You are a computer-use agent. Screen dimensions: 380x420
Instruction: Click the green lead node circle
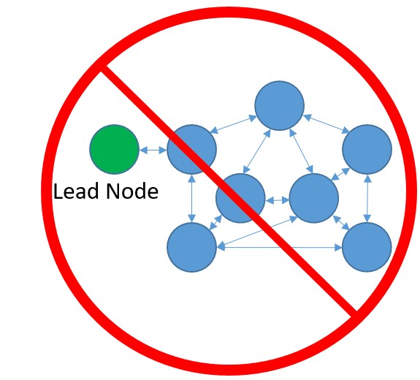click(x=114, y=149)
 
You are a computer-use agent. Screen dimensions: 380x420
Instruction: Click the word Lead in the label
click(x=72, y=192)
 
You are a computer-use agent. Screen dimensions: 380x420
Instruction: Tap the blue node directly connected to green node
click(x=191, y=149)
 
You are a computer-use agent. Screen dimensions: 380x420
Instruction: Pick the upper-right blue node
click(x=367, y=149)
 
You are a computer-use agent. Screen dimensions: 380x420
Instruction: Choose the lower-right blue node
click(x=367, y=247)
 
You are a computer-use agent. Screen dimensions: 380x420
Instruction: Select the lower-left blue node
click(x=191, y=247)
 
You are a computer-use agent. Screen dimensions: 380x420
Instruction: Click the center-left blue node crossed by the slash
click(x=240, y=198)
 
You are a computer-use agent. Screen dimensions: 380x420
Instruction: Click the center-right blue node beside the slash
click(x=314, y=198)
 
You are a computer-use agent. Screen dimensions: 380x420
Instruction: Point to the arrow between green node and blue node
click(x=153, y=150)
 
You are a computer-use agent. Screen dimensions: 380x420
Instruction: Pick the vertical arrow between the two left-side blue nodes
click(x=191, y=198)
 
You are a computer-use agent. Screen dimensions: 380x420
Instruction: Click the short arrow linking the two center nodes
click(x=277, y=199)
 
